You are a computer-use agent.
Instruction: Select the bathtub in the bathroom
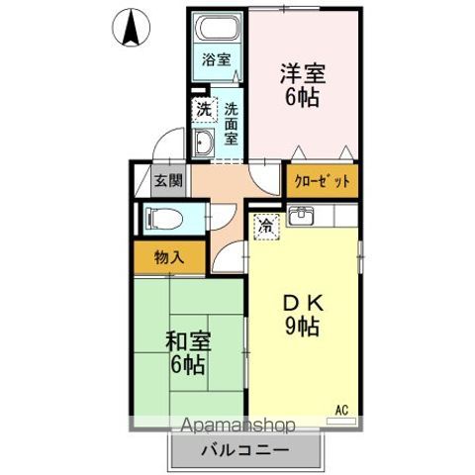[x=216, y=28]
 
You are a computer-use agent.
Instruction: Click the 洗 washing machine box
[x=203, y=109]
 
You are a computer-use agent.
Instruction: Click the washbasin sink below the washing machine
[x=204, y=143]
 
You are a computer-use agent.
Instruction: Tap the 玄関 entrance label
[x=168, y=181]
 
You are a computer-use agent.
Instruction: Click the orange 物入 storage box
[x=169, y=256]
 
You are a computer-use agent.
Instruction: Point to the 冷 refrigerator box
[x=265, y=227]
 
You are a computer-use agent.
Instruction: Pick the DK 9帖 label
[x=303, y=315]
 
